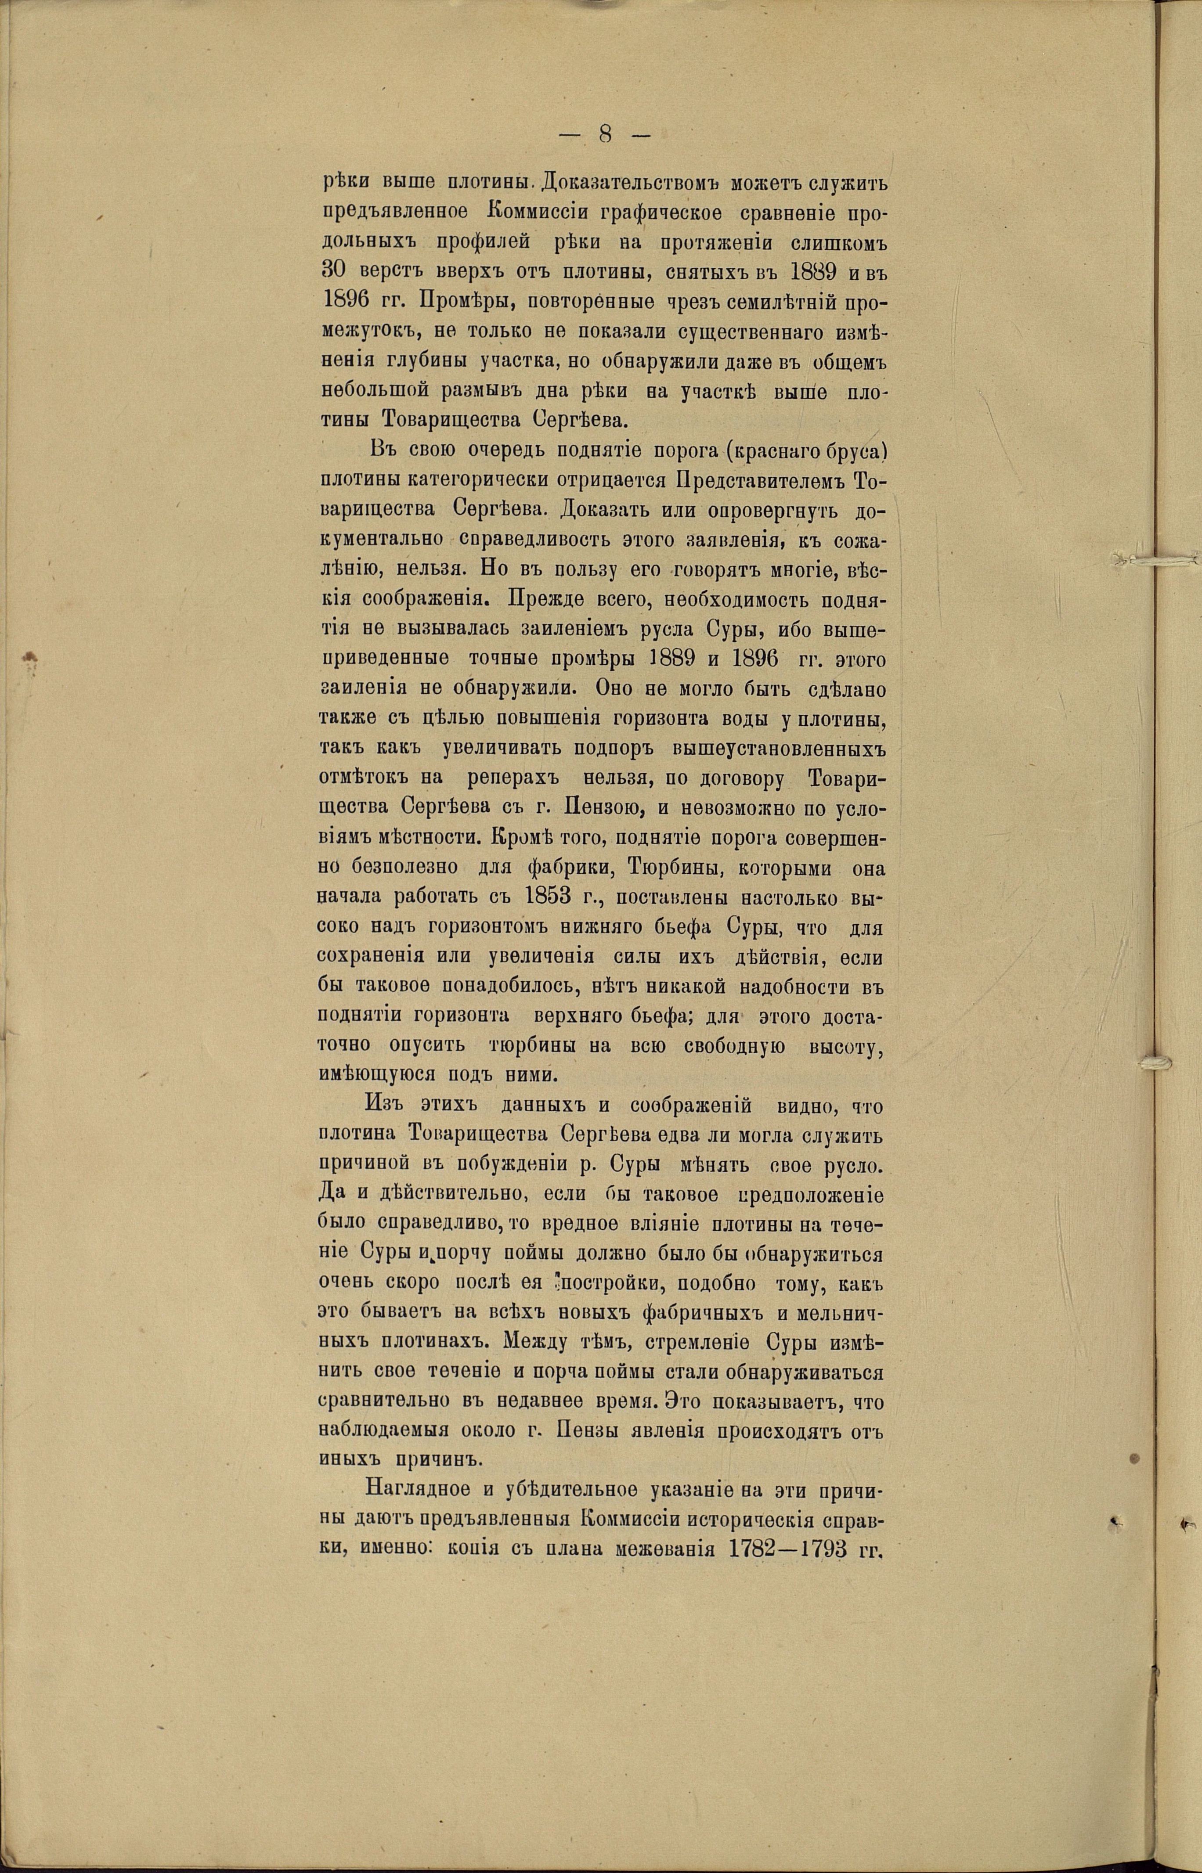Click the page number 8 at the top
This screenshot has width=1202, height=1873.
605,134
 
